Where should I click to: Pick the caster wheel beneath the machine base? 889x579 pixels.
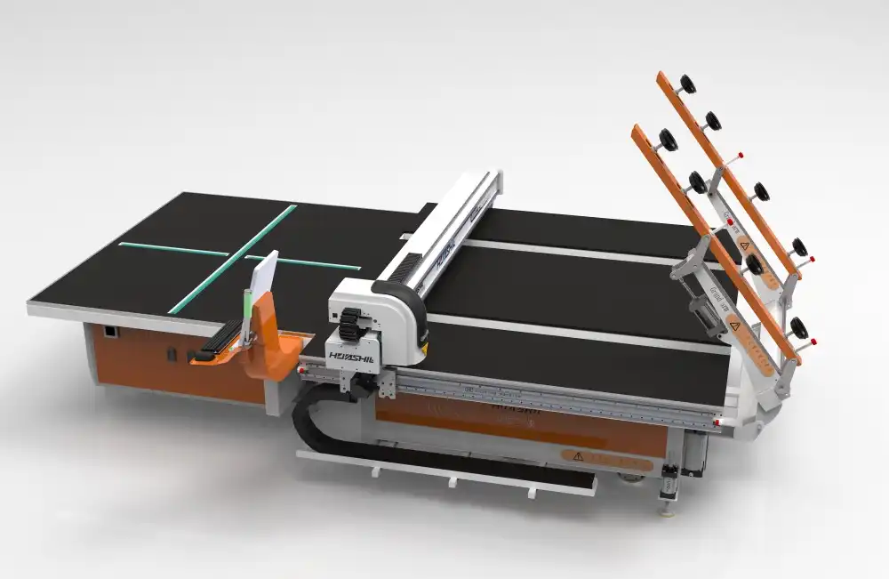tap(633, 480)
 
